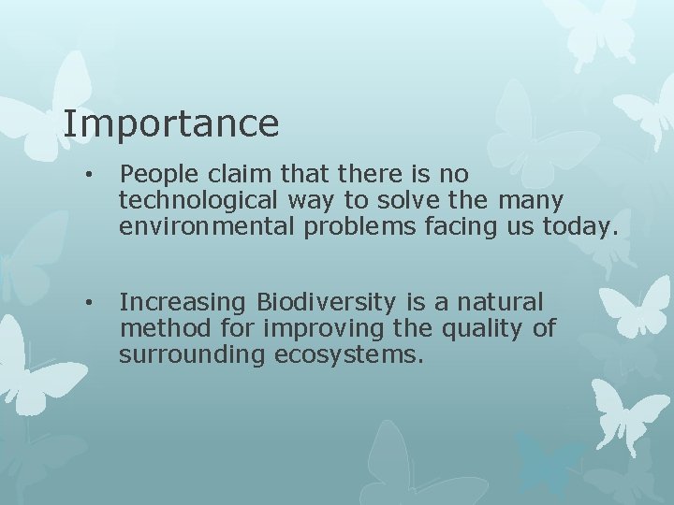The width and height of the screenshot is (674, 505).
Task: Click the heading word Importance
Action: click(x=171, y=124)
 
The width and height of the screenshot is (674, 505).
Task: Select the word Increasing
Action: click(x=183, y=303)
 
